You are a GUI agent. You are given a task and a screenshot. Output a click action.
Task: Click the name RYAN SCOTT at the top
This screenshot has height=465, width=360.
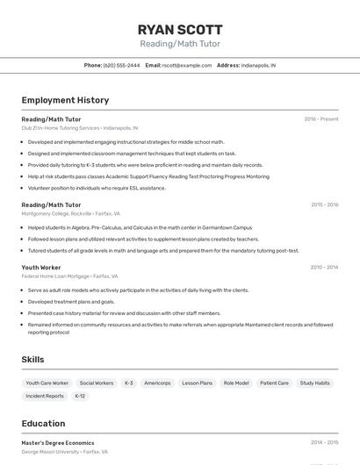point(180,29)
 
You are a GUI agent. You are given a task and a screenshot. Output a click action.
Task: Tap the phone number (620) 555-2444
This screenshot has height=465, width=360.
point(121,65)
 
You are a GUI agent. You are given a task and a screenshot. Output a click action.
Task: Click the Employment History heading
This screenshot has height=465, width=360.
point(65,100)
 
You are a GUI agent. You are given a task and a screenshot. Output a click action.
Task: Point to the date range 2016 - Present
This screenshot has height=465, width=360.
point(321,119)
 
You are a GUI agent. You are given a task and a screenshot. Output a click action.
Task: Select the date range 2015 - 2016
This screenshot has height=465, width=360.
point(324,204)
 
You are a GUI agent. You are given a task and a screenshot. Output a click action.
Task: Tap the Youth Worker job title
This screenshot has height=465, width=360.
point(41,267)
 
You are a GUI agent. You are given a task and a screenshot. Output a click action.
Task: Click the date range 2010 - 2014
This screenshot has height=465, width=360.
point(324,267)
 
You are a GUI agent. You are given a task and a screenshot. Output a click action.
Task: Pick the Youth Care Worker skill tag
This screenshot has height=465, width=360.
point(47,383)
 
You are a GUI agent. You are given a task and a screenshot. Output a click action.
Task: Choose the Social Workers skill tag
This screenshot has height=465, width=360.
point(97,383)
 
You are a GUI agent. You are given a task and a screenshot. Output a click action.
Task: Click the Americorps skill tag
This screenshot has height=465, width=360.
point(157,383)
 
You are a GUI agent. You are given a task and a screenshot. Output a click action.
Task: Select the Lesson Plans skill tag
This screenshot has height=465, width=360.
point(197,383)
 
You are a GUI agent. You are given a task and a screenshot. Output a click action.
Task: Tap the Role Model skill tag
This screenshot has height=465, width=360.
point(236,383)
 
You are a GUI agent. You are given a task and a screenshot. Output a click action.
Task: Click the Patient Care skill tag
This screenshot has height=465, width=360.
point(274,383)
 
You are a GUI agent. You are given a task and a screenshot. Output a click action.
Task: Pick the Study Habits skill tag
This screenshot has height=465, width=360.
point(315,383)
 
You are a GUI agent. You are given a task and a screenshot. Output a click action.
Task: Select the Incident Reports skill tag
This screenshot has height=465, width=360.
point(45,396)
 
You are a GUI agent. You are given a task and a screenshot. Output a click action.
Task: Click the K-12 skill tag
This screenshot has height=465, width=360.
point(80,396)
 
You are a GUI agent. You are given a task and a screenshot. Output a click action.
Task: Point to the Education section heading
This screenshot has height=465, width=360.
point(43,423)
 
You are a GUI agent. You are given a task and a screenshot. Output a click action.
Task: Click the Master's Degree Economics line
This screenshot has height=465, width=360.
point(58,443)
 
